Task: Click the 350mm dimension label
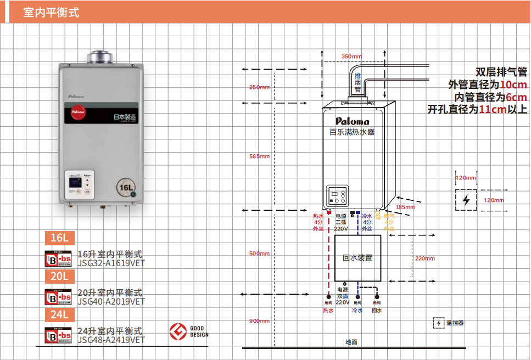click(x=351, y=57)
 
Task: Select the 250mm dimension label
click(x=259, y=87)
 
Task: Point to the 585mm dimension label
click(x=259, y=156)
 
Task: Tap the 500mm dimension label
click(x=259, y=254)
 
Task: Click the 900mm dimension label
click(x=259, y=321)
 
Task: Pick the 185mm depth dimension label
click(x=405, y=207)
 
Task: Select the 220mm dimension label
click(x=424, y=258)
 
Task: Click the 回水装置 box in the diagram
click(x=357, y=257)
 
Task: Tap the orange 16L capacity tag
click(x=59, y=238)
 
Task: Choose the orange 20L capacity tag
click(x=59, y=277)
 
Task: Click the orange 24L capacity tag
click(x=59, y=315)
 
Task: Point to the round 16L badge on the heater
click(x=126, y=188)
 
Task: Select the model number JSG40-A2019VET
click(x=111, y=301)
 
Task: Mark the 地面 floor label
click(x=351, y=342)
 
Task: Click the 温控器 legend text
click(x=455, y=323)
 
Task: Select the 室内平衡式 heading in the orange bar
click(x=51, y=12)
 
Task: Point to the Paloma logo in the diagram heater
click(x=352, y=121)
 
